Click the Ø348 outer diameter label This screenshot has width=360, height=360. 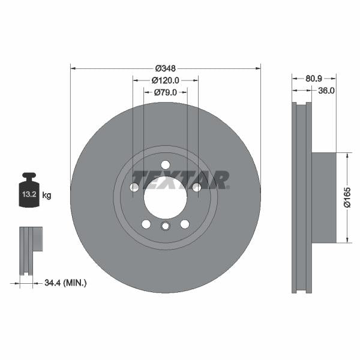(165, 68)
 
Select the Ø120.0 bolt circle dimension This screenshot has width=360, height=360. (165, 80)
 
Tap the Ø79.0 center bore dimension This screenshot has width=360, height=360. (165, 92)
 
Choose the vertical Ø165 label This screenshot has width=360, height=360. (347, 197)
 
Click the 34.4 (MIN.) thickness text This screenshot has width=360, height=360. (66, 281)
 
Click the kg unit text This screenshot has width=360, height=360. (47, 195)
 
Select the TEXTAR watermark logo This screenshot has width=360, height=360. (181, 179)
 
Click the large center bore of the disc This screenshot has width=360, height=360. (165, 195)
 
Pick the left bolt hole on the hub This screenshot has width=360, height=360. (134, 188)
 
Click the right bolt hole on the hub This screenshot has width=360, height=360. (196, 188)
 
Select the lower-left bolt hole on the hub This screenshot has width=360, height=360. (146, 224)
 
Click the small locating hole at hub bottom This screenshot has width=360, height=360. (166, 226)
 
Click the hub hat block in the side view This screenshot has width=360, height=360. (324, 197)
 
